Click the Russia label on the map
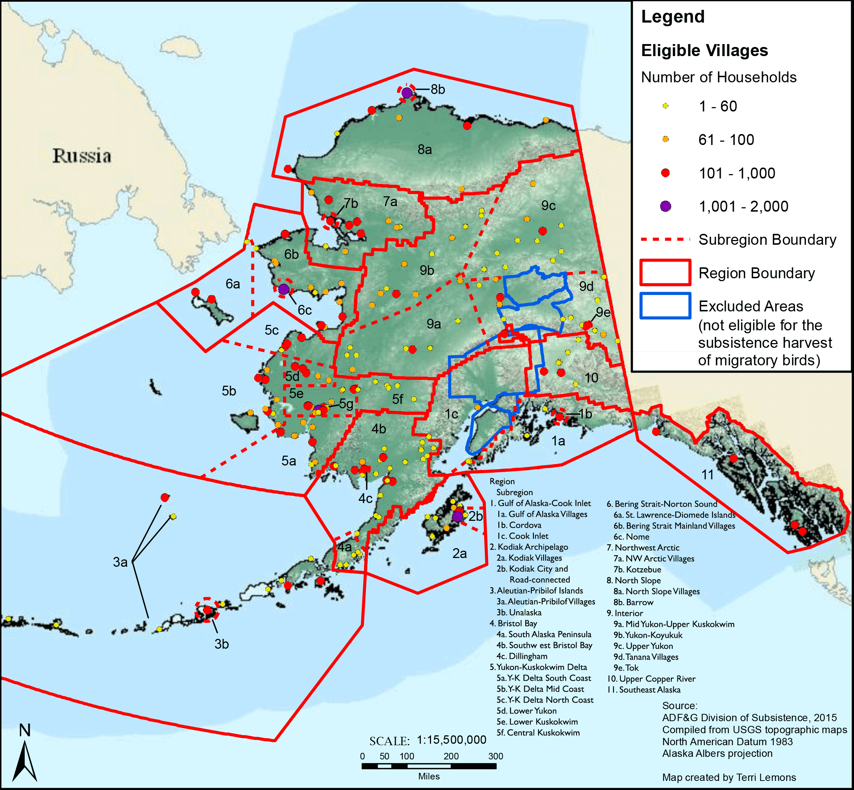coord(82,156)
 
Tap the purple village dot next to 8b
coord(407,93)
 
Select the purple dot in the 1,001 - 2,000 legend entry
coord(665,207)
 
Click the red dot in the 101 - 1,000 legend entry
coord(665,173)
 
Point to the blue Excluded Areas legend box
coord(665,306)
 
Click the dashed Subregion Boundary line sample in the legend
coord(665,240)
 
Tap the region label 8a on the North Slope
coord(425,150)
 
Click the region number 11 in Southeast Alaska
coord(707,475)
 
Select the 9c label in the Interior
coord(549,206)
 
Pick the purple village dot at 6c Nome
coord(283,290)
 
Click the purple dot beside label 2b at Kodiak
coord(457,516)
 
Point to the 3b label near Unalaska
coord(221,644)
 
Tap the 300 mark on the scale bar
coord(495,756)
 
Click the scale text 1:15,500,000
coord(451,740)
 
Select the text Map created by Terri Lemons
coord(729,778)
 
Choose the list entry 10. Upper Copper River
coord(651,679)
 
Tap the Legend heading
coord(672,17)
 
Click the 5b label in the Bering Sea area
coord(229,391)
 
